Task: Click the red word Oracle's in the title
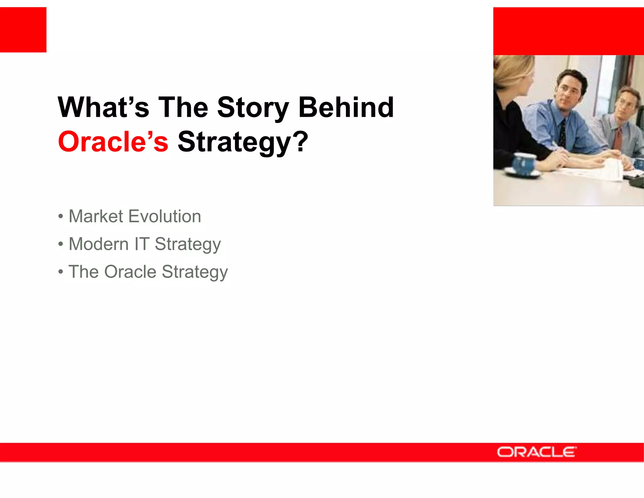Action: (113, 142)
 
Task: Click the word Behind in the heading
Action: (346, 108)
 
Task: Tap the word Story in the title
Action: (253, 108)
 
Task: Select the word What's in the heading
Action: (103, 108)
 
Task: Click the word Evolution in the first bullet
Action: (165, 217)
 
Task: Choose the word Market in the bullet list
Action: (96, 217)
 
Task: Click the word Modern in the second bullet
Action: (98, 244)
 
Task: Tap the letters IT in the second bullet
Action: (142, 244)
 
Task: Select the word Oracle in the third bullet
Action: (130, 272)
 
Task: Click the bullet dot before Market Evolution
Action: (61, 217)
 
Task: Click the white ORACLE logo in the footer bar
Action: (536, 452)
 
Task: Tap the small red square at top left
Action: (23, 30)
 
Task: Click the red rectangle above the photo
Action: (568, 31)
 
